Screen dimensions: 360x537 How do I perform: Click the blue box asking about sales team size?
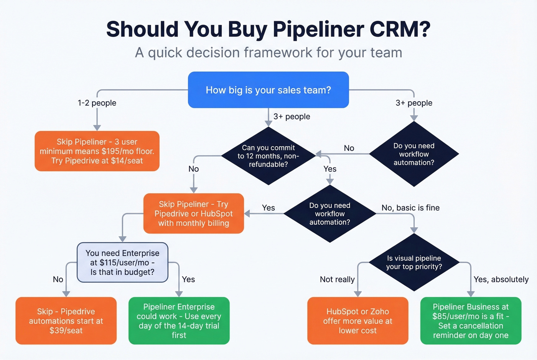pyautogui.click(x=268, y=90)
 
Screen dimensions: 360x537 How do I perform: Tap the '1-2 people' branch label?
pyautogui.click(x=97, y=103)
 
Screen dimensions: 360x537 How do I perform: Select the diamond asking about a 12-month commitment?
pyautogui.click(x=268, y=156)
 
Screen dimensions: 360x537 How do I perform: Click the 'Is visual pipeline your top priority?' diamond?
pyautogui.click(x=414, y=262)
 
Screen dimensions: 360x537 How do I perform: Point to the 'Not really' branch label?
pyautogui.click(x=337, y=279)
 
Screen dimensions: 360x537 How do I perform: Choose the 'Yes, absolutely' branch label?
pyautogui.click(x=501, y=279)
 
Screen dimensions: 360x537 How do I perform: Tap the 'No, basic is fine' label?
pyautogui.click(x=410, y=208)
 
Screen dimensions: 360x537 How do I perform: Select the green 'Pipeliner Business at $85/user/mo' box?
pyautogui.click(x=471, y=321)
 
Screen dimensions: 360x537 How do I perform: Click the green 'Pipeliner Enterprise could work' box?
pyautogui.click(x=179, y=321)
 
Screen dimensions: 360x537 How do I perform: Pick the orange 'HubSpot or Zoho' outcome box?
pyautogui.click(x=357, y=321)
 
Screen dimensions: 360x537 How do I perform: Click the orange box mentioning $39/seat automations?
pyautogui.click(x=66, y=321)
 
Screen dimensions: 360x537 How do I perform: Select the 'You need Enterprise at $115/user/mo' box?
pyautogui.click(x=122, y=263)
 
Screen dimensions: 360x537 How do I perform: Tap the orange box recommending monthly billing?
pyautogui.click(x=193, y=214)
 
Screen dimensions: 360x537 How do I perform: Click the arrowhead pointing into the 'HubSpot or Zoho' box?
pyautogui.click(x=357, y=294)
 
